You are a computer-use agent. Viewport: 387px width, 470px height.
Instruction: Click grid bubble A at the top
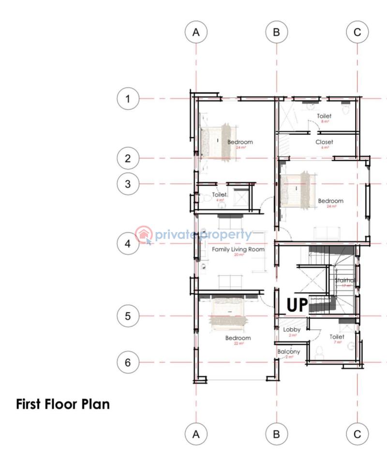pos(196,32)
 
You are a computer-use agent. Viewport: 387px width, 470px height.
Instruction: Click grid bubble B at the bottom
pos(277,434)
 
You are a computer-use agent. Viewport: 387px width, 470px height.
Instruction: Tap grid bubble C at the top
pos(357,32)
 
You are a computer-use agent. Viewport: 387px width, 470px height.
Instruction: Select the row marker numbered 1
pos(128,99)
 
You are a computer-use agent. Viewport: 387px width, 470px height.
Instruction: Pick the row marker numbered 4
pos(128,244)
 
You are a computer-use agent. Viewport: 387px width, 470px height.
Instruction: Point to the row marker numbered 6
pos(128,363)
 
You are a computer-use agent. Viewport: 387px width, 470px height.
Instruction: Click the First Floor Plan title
pos(63,404)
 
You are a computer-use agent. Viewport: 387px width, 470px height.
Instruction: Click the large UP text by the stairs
pos(297,305)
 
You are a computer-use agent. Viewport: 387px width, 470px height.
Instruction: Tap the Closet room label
pos(324,142)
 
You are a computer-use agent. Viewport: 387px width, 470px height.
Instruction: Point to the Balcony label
pos(289,352)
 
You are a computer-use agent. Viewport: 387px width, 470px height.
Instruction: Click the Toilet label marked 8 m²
pos(324,117)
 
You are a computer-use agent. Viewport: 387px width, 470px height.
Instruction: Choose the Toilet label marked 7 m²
pos(337,337)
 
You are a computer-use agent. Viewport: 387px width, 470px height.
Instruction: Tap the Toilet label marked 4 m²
pos(220,195)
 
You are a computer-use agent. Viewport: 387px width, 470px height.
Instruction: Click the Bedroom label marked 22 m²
pos(238,338)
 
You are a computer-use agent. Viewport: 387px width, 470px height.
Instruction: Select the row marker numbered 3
pos(128,184)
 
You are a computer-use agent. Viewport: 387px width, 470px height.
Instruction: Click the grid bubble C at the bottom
pos(357,434)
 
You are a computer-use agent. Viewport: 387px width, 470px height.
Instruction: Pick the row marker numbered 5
pos(128,316)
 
